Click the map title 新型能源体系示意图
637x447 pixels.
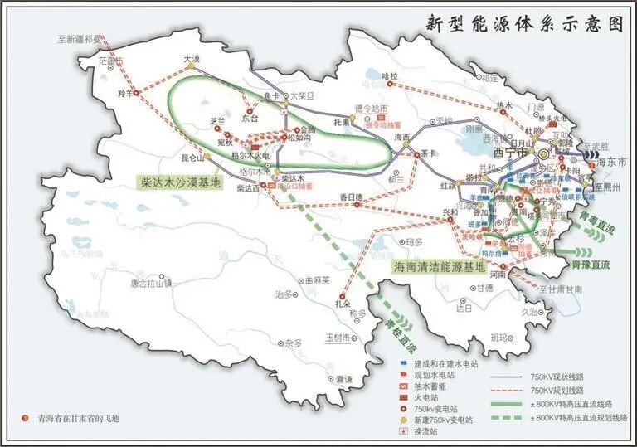(523, 24)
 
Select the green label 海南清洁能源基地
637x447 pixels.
(439, 267)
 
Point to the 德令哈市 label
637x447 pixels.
(371, 108)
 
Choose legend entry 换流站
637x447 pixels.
(433, 432)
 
